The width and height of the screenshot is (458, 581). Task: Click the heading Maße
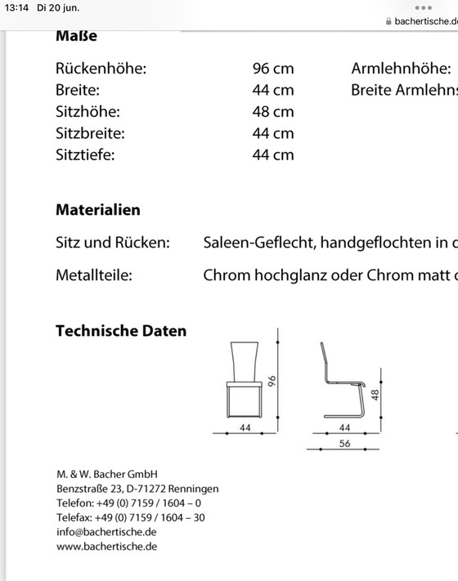(76, 36)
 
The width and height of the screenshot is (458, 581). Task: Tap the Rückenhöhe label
(101, 69)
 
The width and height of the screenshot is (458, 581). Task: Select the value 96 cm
(272, 69)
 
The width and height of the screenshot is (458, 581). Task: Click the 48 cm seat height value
(272, 111)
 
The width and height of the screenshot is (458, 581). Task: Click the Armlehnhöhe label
(401, 69)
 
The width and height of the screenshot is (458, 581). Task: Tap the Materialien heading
(97, 210)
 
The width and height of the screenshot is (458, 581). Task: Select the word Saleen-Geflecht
(258, 242)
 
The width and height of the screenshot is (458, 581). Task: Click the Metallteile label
(93, 275)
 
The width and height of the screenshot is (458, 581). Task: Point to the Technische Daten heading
(121, 331)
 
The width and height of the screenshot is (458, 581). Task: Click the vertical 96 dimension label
(275, 382)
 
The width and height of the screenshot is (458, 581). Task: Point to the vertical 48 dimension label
(375, 396)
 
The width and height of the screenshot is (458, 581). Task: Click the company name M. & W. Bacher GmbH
(106, 474)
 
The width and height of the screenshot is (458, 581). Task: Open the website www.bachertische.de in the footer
(106, 547)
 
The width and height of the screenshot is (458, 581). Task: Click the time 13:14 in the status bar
(17, 7)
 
